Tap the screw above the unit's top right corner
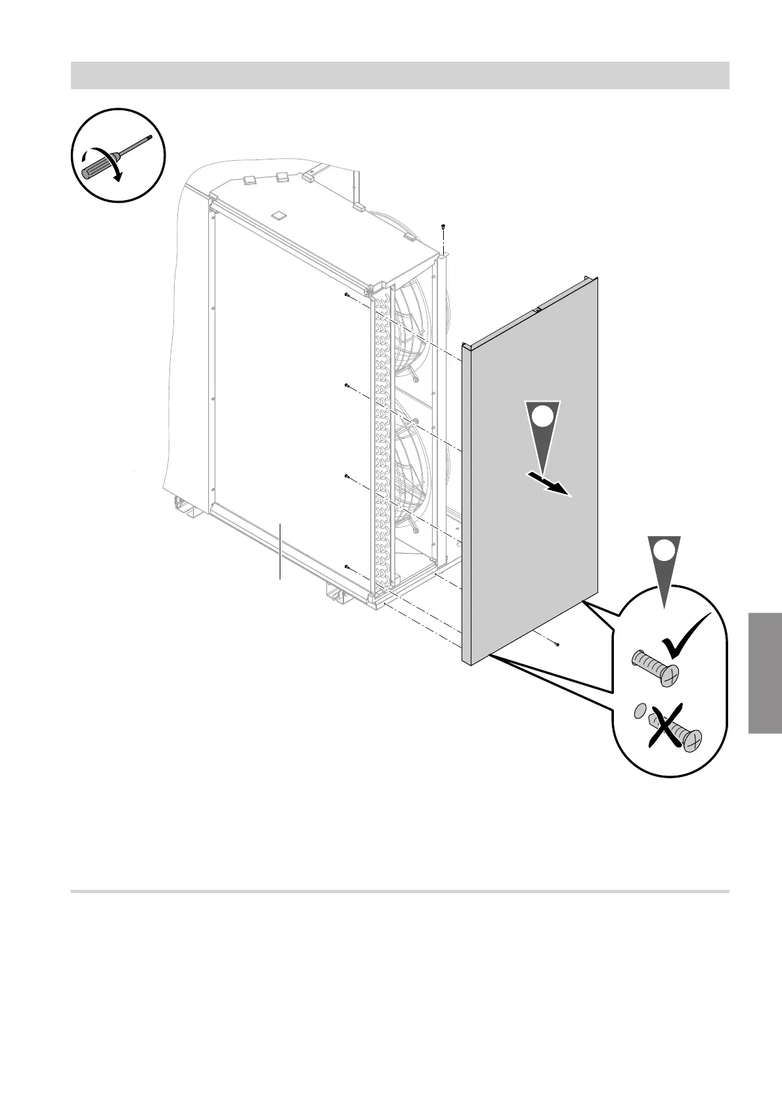pyautogui.click(x=445, y=226)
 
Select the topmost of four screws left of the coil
pyautogui.click(x=346, y=295)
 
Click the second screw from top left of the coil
pyautogui.click(x=346, y=386)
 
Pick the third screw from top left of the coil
pyautogui.click(x=346, y=476)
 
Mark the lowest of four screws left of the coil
pyautogui.click(x=346, y=566)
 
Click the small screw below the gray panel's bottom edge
pyautogui.click(x=557, y=644)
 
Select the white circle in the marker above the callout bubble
pyautogui.click(x=664, y=550)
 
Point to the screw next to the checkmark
pyautogui.click(x=655, y=667)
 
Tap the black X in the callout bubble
pyautogui.click(x=672, y=726)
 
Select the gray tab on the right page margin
pyautogui.click(x=764, y=673)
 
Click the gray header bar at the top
pyautogui.click(x=400, y=75)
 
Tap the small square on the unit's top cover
pyautogui.click(x=278, y=214)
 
